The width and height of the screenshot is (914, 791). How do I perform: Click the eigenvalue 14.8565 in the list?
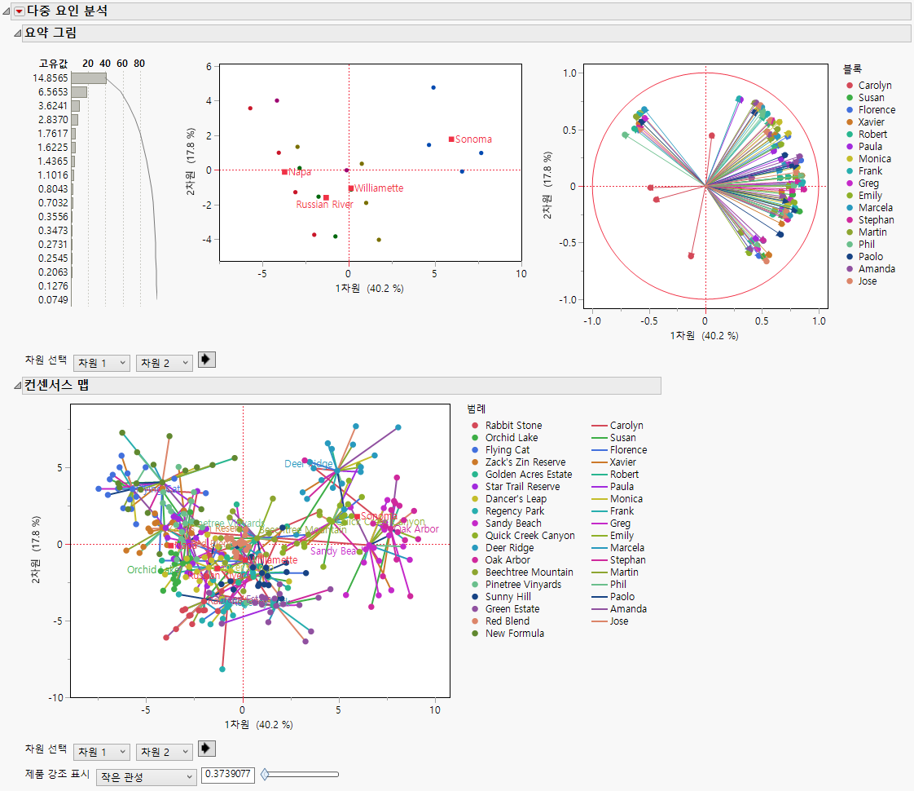(x=51, y=78)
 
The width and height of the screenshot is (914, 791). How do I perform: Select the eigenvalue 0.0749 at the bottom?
(x=51, y=300)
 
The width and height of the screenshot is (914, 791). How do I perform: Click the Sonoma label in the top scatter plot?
(x=473, y=139)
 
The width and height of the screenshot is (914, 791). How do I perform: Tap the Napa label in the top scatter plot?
(x=299, y=172)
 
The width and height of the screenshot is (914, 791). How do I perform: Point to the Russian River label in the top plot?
(x=324, y=205)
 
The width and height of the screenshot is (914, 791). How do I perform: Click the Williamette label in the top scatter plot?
(x=379, y=188)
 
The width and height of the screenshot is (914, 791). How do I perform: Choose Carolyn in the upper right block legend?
(x=874, y=86)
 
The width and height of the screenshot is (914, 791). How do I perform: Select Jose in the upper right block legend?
(x=868, y=281)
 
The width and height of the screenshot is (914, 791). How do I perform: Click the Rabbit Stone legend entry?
(x=513, y=426)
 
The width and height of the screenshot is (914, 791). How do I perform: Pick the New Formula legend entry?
(x=515, y=634)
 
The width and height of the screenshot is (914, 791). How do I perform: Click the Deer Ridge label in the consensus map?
(x=308, y=464)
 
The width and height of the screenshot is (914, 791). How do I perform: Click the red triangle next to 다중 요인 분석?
(x=20, y=11)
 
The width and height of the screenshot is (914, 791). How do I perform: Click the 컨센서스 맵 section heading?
(x=56, y=386)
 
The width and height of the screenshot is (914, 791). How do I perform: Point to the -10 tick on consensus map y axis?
(x=59, y=698)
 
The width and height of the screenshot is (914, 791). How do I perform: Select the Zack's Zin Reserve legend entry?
(x=525, y=462)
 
